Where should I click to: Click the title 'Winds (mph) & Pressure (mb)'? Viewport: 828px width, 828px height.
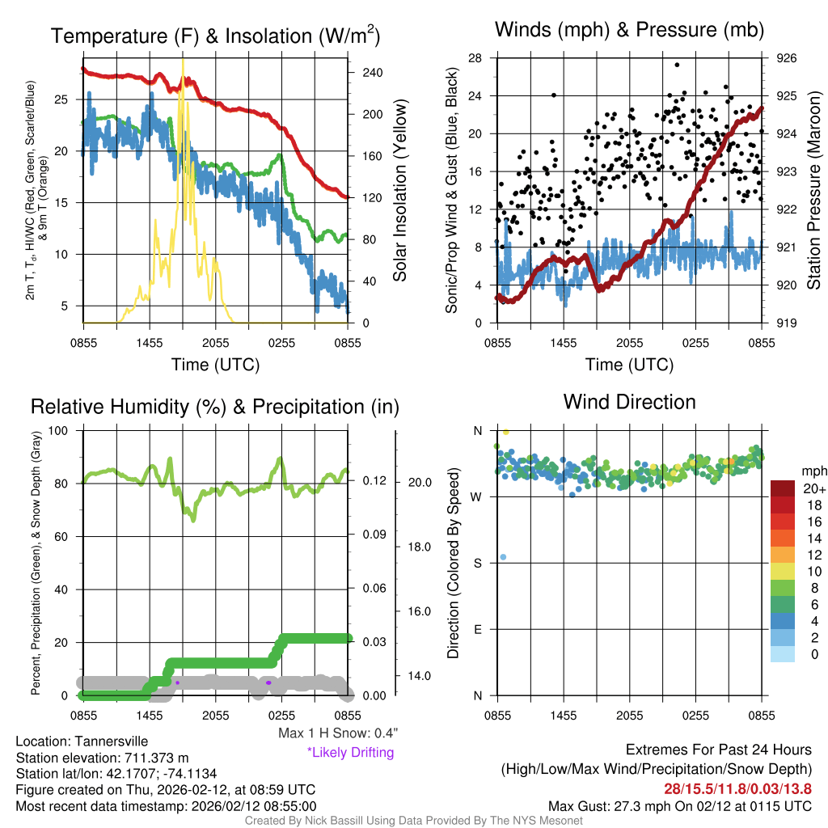click(629, 30)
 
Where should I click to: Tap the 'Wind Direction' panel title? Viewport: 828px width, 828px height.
click(629, 402)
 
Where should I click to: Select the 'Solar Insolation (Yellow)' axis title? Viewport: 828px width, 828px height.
click(400, 191)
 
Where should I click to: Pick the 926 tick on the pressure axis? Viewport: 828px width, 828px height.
click(786, 58)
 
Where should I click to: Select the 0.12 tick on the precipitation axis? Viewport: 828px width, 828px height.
click(374, 482)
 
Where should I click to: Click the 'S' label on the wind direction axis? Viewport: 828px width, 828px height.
click(476, 563)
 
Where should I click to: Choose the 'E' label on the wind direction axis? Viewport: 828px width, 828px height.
click(476, 629)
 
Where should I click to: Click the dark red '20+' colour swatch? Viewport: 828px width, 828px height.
click(784, 489)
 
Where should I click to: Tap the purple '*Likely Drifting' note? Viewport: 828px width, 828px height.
click(350, 752)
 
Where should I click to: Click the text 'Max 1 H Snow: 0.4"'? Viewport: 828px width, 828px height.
click(337, 733)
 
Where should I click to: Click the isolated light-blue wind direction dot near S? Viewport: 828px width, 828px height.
click(503, 557)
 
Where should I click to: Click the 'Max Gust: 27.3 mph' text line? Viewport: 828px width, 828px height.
click(679, 805)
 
